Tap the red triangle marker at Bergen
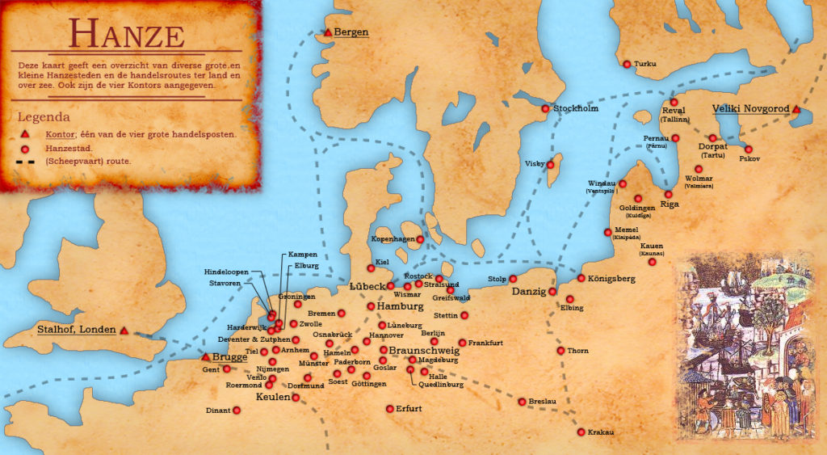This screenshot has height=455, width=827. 327,32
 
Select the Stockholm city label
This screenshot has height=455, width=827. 576,108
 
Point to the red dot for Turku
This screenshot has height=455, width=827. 627,64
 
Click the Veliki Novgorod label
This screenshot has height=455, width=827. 749,108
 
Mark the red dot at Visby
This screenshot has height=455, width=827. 552,164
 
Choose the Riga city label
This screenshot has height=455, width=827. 670,204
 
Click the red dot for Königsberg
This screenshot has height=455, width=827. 581,278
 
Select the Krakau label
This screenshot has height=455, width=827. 600,432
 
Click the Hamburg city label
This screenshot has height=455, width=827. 401,307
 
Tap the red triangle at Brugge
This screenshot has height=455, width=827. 206,356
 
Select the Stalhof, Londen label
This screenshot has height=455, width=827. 77,330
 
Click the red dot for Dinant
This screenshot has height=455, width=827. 237,411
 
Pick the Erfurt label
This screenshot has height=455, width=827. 409,409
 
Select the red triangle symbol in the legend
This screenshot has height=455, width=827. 25,133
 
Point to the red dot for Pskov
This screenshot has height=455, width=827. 748,149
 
